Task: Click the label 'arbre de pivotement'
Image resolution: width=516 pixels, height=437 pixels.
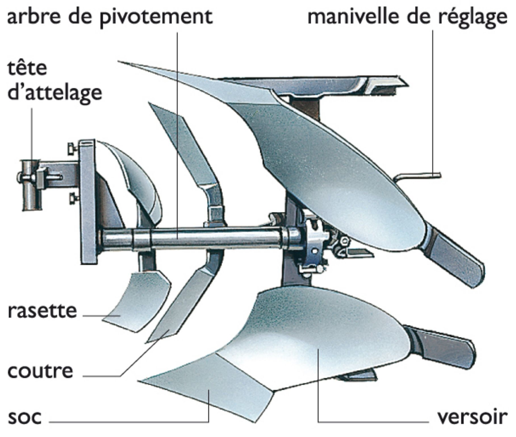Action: tap(110, 17)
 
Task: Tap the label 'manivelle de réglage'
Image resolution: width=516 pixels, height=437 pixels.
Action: tap(407, 17)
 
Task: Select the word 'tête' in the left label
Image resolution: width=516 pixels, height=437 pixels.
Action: tap(27, 68)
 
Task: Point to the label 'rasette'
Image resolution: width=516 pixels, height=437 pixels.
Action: tap(42, 311)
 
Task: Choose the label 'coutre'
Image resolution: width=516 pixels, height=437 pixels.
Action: tap(40, 371)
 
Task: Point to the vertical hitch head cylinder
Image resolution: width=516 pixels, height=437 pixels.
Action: tap(31, 185)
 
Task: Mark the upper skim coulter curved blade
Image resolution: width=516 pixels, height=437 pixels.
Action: tap(136, 176)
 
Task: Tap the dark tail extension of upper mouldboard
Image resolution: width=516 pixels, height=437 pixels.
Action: tap(454, 259)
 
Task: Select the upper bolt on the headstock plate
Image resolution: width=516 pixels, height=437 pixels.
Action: tap(72, 148)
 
